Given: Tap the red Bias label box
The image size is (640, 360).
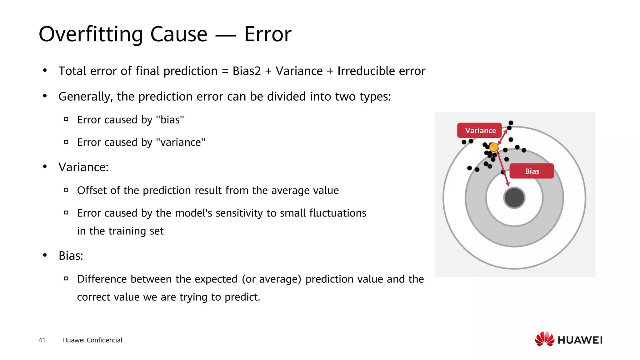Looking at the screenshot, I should point(532,171).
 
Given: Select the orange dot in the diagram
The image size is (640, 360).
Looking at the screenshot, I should point(493,147).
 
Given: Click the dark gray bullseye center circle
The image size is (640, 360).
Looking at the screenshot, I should point(514,197).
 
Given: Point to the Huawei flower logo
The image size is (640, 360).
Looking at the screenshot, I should point(544,339).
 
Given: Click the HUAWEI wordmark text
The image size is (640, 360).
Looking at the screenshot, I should point(580,340).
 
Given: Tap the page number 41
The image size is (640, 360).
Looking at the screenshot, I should point(42,340).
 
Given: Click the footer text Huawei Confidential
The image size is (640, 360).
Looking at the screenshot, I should point(92,340).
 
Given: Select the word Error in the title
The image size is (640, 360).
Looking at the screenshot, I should point(267,34).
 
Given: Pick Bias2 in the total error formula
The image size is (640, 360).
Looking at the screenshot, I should point(246,71).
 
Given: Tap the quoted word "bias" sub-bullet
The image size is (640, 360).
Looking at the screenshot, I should point(170,120).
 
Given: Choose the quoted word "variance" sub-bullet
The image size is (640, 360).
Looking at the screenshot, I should point(180,142).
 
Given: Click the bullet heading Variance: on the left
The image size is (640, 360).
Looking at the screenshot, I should point(83,167).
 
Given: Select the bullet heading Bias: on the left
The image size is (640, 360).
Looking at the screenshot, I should point(71,256).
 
